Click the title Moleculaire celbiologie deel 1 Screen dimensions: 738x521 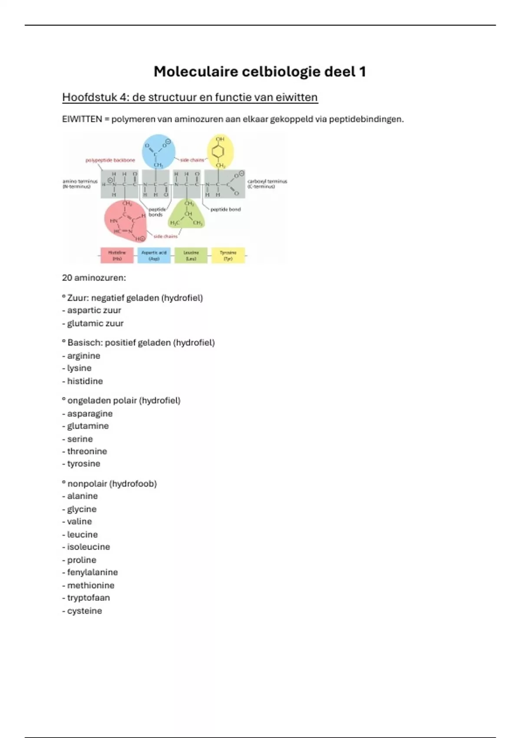tap(260, 72)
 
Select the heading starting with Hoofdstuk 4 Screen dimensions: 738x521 tap(190, 97)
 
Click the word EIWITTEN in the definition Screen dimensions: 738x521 tap(82, 119)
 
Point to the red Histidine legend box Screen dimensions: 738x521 tap(117, 255)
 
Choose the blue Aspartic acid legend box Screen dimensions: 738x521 tap(154, 255)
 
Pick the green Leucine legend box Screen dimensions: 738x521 tap(191, 255)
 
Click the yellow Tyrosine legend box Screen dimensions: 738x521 tap(228, 255)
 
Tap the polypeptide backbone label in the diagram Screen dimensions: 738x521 tap(110, 160)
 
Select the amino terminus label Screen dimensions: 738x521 tap(80, 184)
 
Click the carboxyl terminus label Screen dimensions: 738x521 tap(267, 184)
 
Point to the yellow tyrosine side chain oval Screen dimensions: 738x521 tap(220, 151)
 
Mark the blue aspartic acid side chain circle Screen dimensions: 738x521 tap(158, 152)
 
